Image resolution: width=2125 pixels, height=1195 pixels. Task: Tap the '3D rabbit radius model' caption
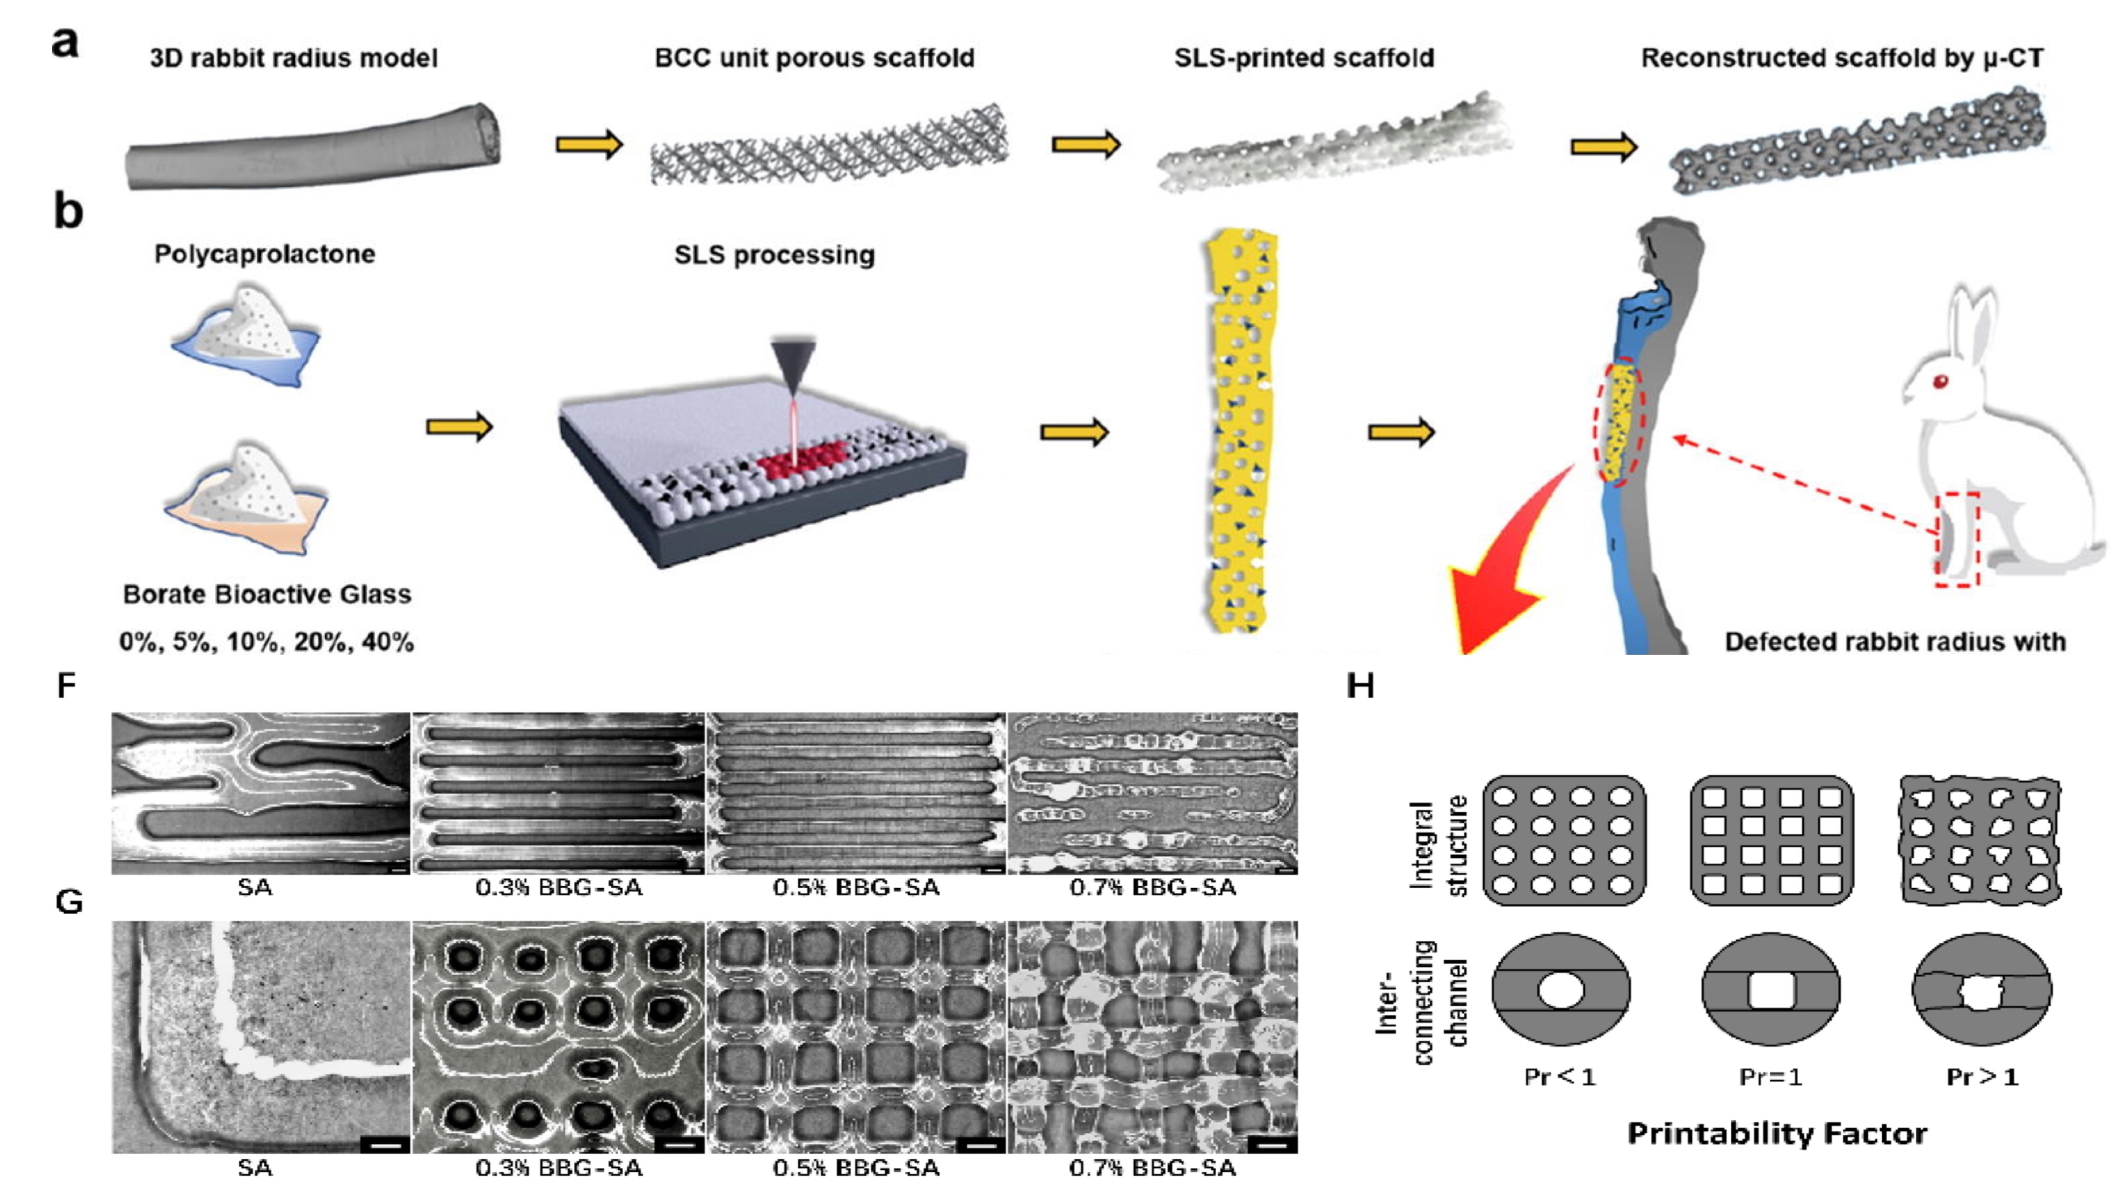tap(294, 58)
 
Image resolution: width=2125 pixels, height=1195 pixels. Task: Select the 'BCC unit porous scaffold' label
tap(814, 58)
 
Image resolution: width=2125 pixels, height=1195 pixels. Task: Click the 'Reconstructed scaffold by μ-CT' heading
tap(1842, 58)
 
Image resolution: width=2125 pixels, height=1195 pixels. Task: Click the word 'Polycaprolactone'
tap(265, 254)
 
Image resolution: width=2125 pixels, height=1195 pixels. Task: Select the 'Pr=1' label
tap(1771, 1077)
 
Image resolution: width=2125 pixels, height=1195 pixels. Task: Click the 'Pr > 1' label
tap(1982, 1077)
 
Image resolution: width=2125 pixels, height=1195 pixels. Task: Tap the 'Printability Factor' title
tap(1777, 1134)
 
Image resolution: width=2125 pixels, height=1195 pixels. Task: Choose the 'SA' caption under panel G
tap(255, 1168)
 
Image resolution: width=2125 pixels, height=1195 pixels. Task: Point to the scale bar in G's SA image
tap(384, 1145)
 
